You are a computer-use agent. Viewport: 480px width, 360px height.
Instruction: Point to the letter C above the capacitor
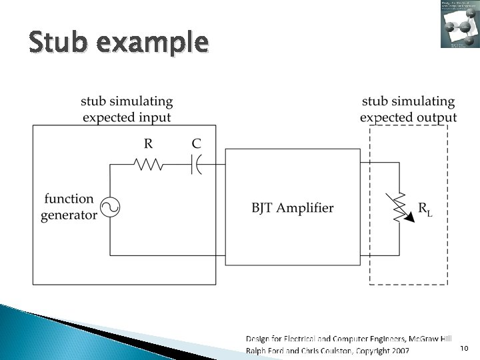196,143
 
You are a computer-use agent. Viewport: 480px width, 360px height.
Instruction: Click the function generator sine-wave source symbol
109,208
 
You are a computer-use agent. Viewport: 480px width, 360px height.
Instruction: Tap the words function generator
69,207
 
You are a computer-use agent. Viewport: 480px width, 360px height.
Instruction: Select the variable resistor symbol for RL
399,207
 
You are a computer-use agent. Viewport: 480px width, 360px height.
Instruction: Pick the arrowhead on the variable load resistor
408,219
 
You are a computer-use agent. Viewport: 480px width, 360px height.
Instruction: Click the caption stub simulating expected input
127,109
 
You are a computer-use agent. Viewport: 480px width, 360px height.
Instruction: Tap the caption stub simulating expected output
408,109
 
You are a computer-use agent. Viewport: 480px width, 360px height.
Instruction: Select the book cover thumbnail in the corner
459,24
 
